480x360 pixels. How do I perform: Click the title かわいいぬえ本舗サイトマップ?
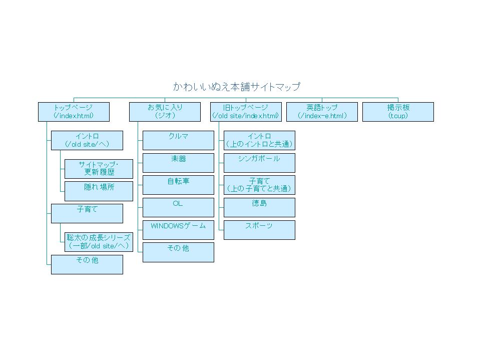(x=236, y=87)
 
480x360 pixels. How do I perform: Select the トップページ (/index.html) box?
(x=74, y=112)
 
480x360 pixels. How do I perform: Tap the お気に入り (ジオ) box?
(x=165, y=112)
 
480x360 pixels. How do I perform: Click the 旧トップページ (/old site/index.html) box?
(x=245, y=112)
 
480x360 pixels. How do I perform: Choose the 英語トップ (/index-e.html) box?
(x=322, y=112)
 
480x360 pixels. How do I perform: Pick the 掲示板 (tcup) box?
(x=398, y=112)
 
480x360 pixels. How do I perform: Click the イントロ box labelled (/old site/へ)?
(x=87, y=140)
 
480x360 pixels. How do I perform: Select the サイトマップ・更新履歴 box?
(x=99, y=169)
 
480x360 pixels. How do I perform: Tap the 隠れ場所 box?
(x=99, y=191)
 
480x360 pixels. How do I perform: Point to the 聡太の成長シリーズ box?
(x=99, y=242)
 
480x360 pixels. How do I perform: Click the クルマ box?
(x=178, y=140)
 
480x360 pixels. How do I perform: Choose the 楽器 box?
(x=178, y=163)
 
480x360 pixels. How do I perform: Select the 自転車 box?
(x=178, y=185)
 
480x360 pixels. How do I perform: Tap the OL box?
(x=178, y=207)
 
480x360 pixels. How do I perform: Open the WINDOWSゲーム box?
(x=178, y=230)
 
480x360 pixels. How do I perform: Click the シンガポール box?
(x=259, y=163)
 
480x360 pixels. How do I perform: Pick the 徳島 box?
(x=259, y=207)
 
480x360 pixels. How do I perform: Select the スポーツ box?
(x=259, y=230)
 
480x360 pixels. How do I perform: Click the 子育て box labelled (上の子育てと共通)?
(x=259, y=185)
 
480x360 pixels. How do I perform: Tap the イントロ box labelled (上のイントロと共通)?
(x=259, y=140)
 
